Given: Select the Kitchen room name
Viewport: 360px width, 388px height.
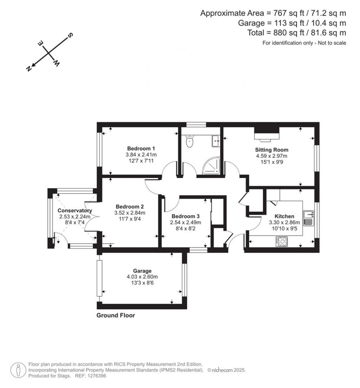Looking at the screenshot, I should click(x=284, y=216).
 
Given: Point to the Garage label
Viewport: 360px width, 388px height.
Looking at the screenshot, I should click(x=142, y=271).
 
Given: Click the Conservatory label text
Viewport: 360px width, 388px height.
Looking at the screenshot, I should click(x=75, y=211).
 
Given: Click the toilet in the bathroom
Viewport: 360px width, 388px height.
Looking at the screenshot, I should click(x=190, y=142).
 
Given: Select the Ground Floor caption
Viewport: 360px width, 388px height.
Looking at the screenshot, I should click(x=116, y=315).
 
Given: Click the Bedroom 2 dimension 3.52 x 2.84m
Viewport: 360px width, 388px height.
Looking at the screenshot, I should click(x=130, y=213).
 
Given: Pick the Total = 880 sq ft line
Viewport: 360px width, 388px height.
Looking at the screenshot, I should click(x=297, y=33).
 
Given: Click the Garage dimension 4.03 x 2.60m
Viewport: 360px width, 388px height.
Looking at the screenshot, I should click(x=142, y=277).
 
